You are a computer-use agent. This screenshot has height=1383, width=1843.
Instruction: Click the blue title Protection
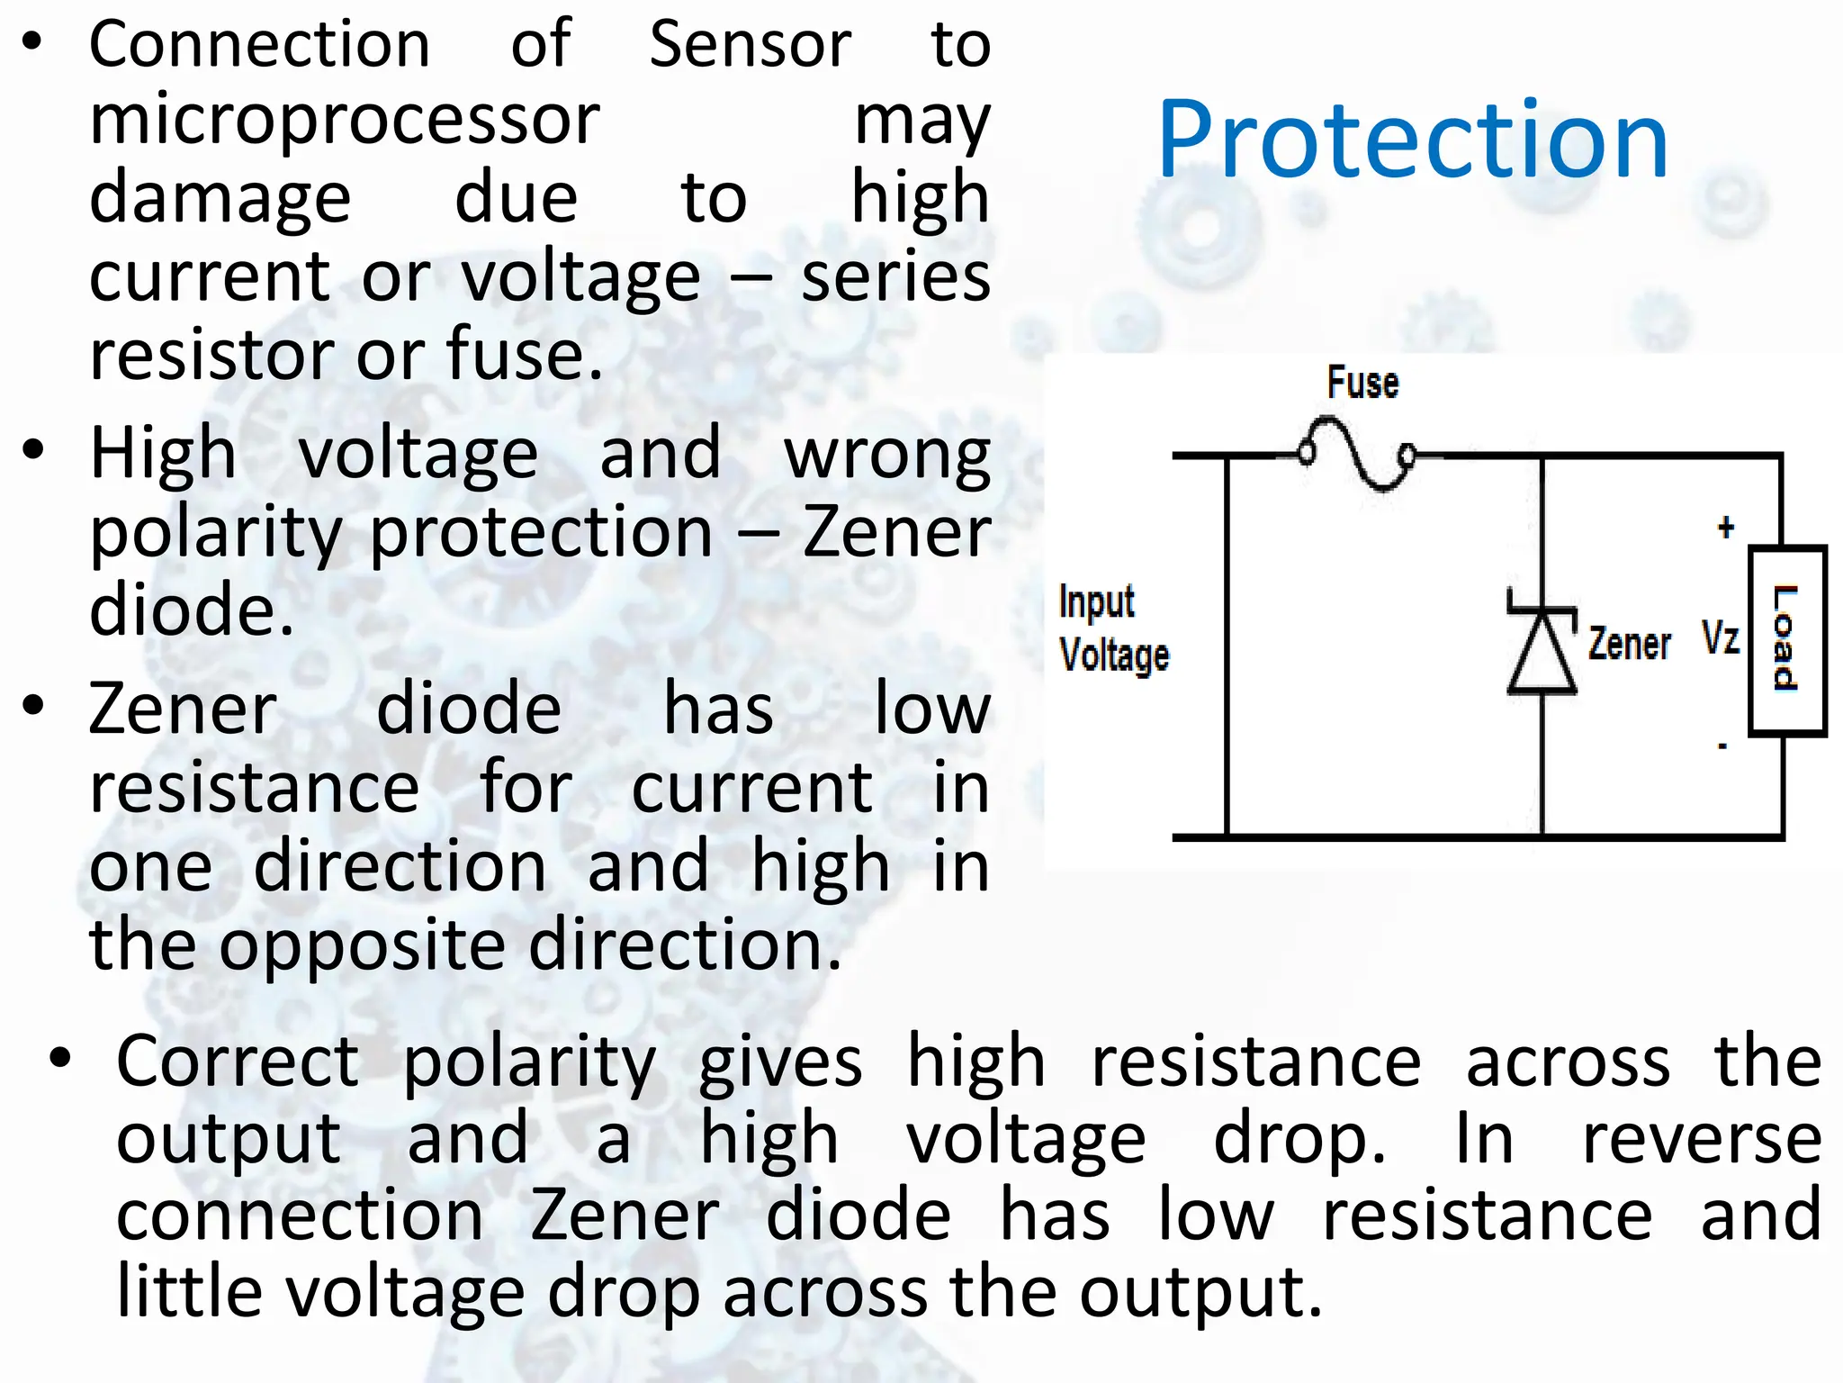[1413, 140]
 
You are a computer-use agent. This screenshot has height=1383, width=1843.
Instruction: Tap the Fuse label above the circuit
[1362, 383]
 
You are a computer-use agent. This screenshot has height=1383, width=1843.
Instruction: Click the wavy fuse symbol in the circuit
[1357, 455]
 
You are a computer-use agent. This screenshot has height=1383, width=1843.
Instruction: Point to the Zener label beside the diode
[1629, 644]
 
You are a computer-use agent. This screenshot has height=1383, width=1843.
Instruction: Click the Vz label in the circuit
[1721, 637]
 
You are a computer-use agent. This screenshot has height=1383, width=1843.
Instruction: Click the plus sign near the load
[1725, 527]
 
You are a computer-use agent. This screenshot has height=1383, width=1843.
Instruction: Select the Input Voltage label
[1113, 628]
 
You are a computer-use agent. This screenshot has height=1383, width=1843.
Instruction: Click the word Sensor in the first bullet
[750, 45]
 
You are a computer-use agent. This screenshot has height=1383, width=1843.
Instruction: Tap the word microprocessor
[345, 120]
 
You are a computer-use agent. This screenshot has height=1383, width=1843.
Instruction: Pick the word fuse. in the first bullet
[525, 354]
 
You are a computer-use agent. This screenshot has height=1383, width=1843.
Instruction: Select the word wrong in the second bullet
[886, 455]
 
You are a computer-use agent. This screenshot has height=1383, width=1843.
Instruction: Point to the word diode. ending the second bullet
[192, 610]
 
